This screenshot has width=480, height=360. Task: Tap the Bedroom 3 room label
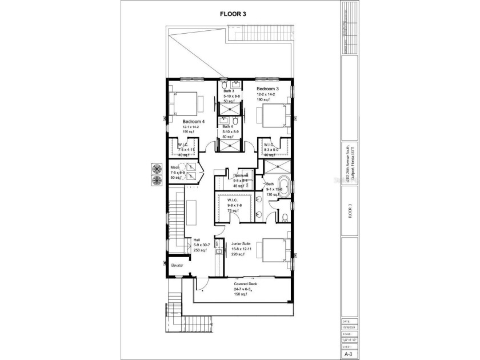click(267, 89)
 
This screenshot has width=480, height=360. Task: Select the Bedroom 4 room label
click(194, 122)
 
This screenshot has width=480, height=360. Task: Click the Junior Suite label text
click(241, 243)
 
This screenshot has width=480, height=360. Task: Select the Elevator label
click(177, 265)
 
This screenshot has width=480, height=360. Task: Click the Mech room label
click(175, 167)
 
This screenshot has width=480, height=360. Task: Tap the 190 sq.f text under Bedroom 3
click(264, 99)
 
